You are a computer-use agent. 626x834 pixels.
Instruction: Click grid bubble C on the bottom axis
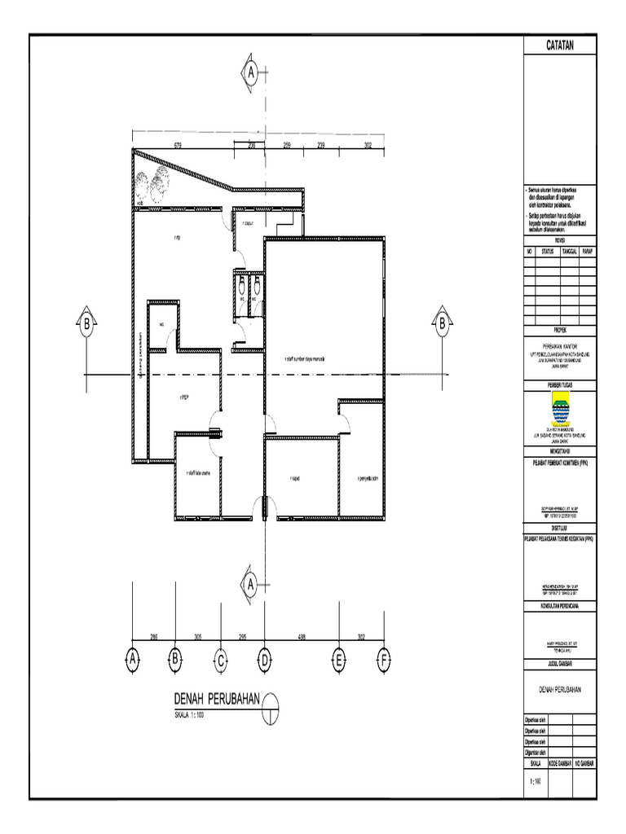219,661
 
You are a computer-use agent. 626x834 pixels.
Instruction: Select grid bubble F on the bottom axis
383,661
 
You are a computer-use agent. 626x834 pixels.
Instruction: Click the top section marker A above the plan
252,72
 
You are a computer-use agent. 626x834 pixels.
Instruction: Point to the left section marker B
86,323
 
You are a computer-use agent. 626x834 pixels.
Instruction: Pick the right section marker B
441,323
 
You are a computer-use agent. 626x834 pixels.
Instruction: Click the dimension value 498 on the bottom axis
302,638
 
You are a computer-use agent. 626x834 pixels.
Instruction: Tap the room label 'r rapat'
295,479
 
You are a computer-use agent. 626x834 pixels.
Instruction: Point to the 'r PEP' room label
184,397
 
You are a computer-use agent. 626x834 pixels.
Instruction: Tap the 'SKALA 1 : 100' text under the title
189,715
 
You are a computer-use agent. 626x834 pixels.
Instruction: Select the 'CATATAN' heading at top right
559,46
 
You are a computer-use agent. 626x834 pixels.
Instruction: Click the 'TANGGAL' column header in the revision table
569,252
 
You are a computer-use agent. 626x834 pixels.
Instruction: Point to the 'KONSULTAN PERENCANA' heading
559,606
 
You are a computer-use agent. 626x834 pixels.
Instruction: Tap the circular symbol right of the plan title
271,701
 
